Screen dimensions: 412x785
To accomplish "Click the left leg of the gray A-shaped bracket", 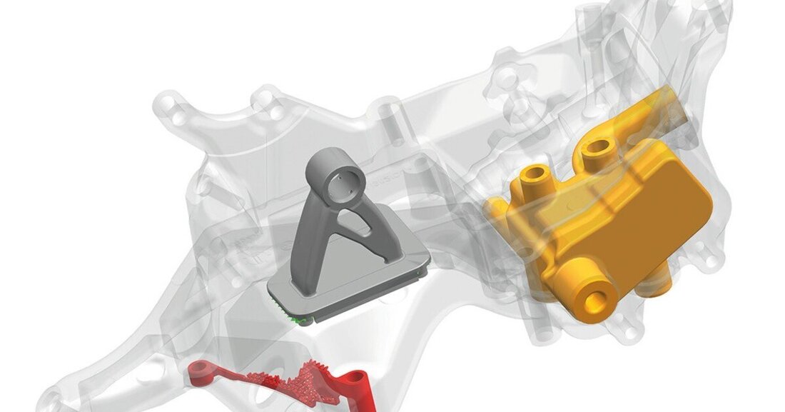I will pyautogui.click(x=308, y=239).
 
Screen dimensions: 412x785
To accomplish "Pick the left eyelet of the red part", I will pyautogui.click(x=203, y=369).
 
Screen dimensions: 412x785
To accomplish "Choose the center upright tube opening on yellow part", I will pyautogui.click(x=597, y=150).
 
